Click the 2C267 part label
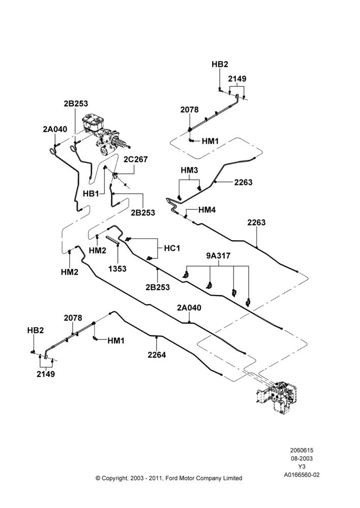136,160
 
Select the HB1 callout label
91,194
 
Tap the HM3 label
189,170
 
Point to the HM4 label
207,210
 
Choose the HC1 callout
172,248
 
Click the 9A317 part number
218,256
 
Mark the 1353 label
117,269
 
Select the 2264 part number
157,355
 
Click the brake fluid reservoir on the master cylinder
93,122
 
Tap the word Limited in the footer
233,478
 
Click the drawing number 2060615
302,450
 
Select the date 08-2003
302,458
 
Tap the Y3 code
302,467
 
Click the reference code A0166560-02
302,475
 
